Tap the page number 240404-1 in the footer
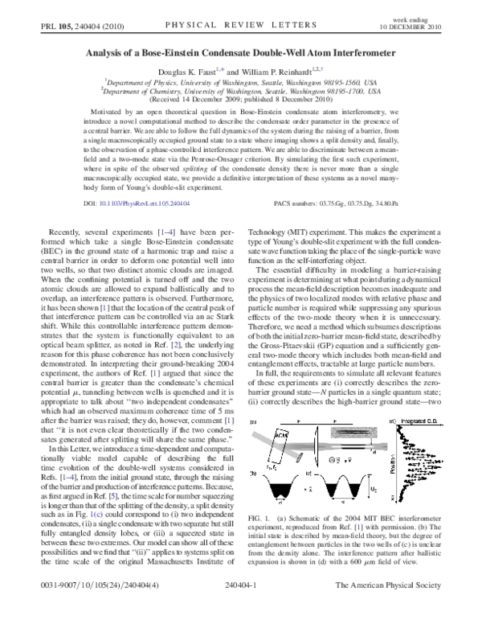(x=241, y=610)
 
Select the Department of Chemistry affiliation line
(x=241, y=91)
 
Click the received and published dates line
(x=241, y=100)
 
